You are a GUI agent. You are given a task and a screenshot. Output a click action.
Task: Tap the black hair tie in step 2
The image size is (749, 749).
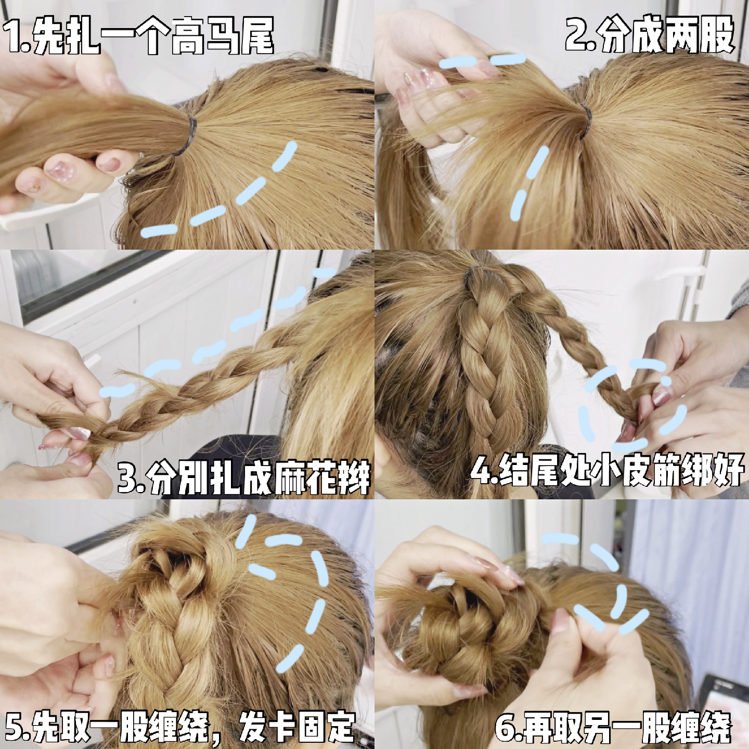[585, 121]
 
